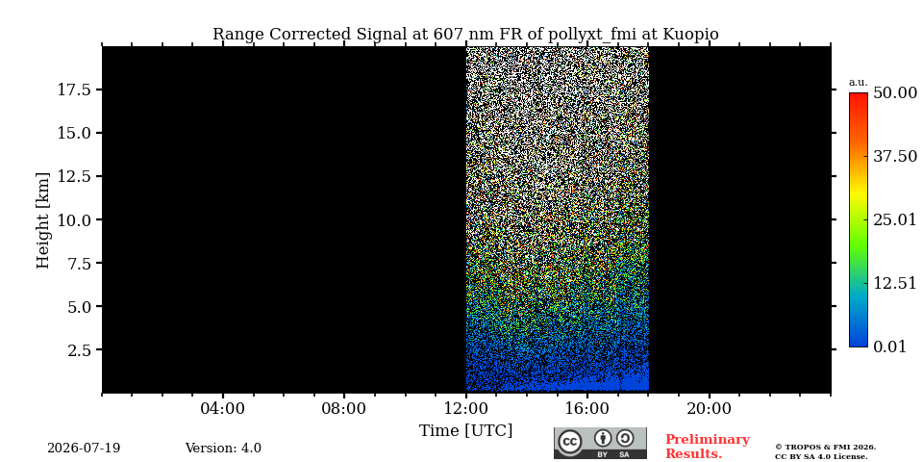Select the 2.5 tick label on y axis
tap(81, 350)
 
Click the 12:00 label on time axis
tap(465, 408)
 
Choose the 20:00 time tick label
tap(709, 408)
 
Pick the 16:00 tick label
tap(587, 408)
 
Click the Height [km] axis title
tap(43, 220)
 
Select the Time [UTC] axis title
tap(465, 431)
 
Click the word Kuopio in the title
tap(691, 35)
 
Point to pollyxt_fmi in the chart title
tap(592, 35)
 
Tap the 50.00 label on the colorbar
tap(895, 93)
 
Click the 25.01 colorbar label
tap(895, 220)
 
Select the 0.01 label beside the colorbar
tap(890, 346)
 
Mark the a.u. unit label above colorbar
tap(859, 83)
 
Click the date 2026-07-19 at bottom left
tap(84, 448)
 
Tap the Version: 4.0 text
tap(223, 448)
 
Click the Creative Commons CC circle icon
tap(570, 443)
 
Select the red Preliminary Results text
tap(708, 447)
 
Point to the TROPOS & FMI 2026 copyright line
tap(825, 448)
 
